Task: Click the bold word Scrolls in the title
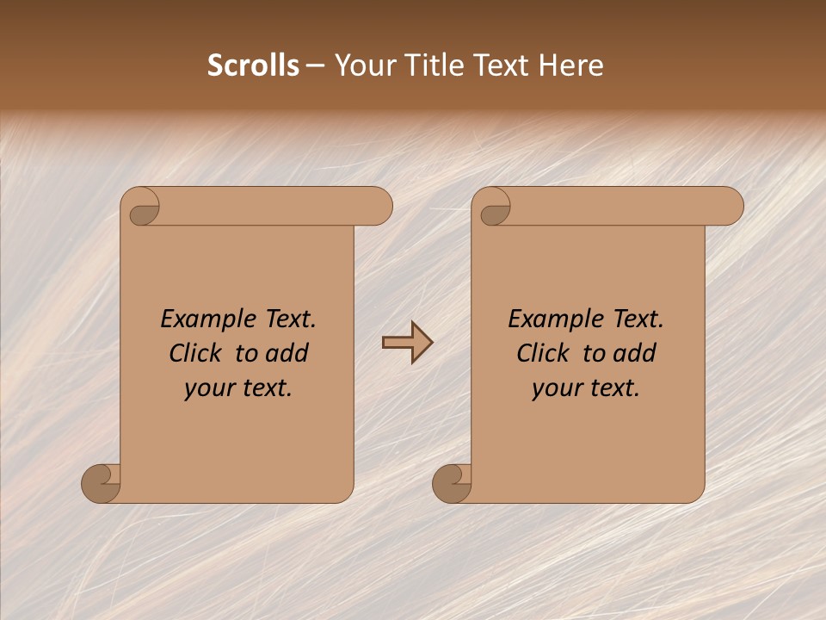(254, 65)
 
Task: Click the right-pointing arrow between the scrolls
(407, 343)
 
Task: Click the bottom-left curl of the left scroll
(101, 484)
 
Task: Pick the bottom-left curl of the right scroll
(452, 484)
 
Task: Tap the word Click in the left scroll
(197, 354)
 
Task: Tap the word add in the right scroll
(633, 354)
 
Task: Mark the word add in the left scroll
(286, 354)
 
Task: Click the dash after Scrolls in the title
(315, 65)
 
